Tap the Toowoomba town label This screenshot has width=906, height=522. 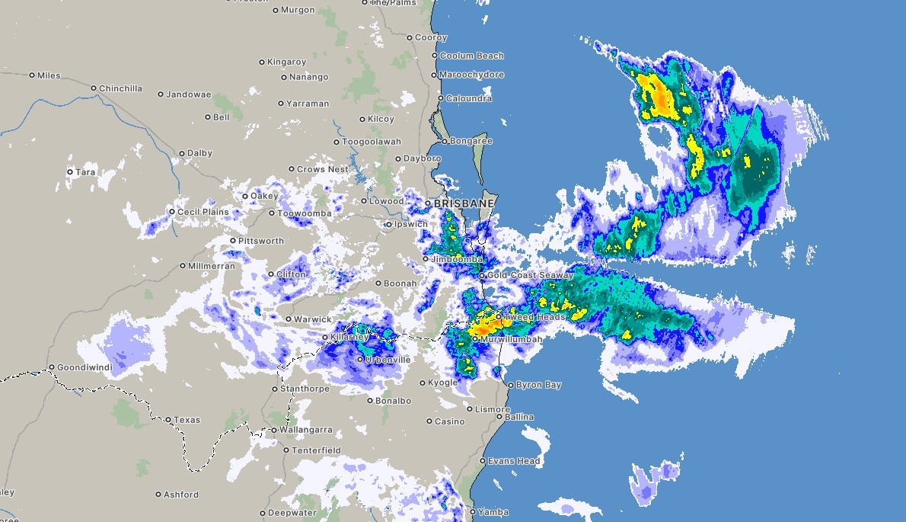[304, 213]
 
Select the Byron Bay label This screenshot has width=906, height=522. [538, 385]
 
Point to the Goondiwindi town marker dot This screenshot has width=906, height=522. [52, 367]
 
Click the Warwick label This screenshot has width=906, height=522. [313, 319]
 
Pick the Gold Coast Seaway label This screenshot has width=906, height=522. [530, 275]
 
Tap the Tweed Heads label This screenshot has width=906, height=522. [535, 317]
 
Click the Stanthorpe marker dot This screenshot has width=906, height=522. [276, 389]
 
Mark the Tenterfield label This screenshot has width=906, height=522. [317, 450]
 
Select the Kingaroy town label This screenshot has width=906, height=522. [288, 62]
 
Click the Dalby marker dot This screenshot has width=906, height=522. [182, 153]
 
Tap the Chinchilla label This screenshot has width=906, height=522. [120, 88]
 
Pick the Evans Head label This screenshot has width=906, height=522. [514, 461]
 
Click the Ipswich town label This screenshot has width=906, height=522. [411, 224]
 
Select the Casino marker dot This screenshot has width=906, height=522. [429, 421]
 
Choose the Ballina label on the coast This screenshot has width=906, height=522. [519, 417]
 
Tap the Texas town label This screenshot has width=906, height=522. [187, 420]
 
